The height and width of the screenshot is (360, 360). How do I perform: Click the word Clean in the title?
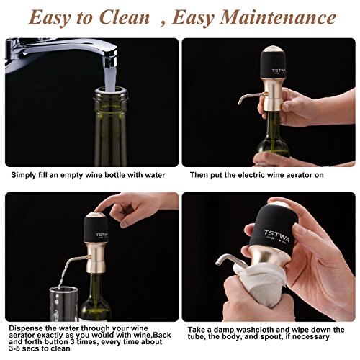pos(125,18)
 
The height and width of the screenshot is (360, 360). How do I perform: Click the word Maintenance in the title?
pos(278,18)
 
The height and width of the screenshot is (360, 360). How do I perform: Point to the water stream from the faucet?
pos(110,79)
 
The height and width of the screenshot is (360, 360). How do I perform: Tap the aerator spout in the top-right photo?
pos(251,97)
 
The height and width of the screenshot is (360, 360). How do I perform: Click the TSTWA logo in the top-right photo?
pos(279,71)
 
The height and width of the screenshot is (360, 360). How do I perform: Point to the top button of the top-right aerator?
pos(274,50)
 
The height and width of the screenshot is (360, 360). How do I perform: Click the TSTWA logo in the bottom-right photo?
pos(276,236)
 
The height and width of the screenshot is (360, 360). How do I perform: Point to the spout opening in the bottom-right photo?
pos(217,264)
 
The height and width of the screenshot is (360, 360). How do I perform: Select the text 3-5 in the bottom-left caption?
pos(15,348)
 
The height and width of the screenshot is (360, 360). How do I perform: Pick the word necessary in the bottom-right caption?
pos(311,337)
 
